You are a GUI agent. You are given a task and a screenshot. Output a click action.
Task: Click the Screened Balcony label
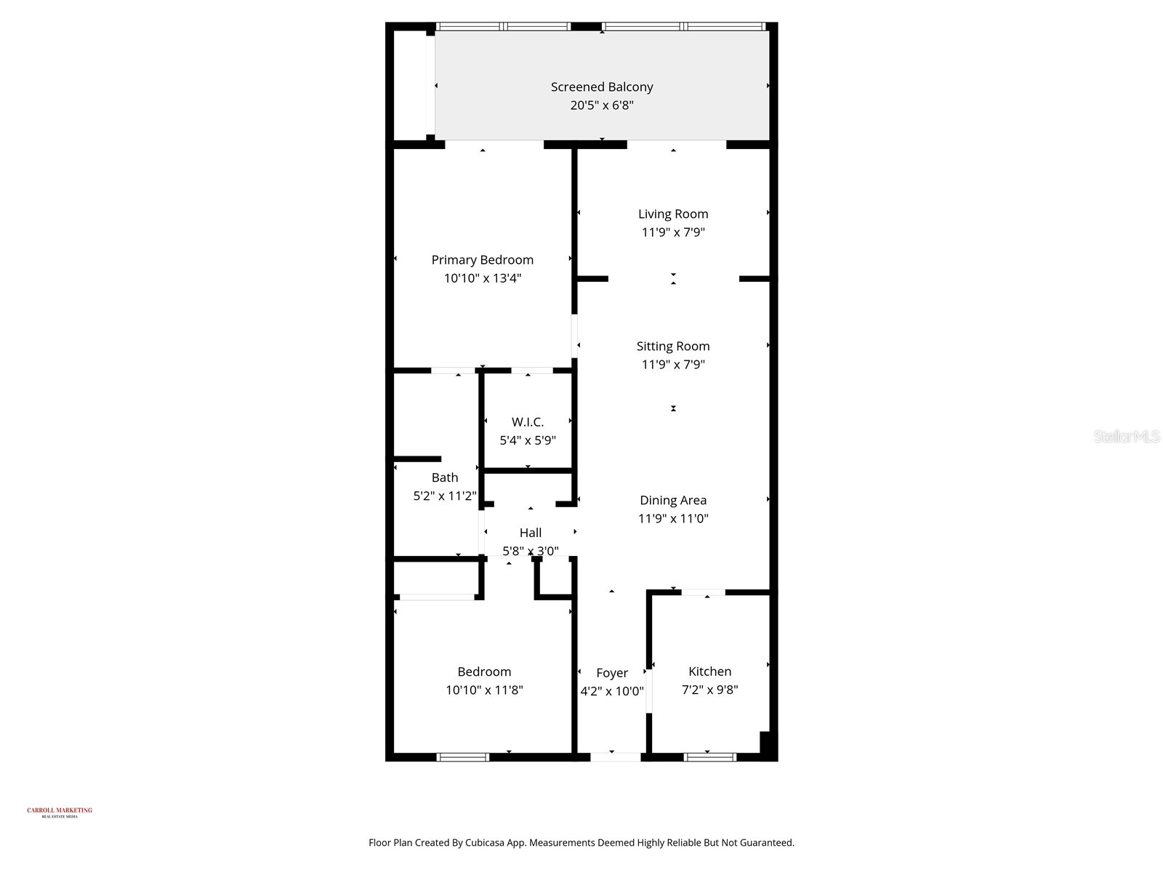[x=602, y=86]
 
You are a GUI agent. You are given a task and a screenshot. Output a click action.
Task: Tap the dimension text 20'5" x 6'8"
[x=602, y=105]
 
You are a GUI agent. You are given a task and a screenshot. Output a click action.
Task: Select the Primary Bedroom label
[x=483, y=259]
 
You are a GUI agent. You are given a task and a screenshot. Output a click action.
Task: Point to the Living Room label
[x=673, y=214]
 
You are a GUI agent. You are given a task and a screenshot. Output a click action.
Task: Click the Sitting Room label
[x=673, y=346]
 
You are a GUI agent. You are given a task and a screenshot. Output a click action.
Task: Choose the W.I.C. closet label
[x=528, y=421]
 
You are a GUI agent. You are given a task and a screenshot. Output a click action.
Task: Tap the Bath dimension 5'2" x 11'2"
[x=445, y=496]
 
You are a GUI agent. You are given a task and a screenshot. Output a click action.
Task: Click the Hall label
[x=531, y=533]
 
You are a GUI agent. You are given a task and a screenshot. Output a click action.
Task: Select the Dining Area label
[x=673, y=500]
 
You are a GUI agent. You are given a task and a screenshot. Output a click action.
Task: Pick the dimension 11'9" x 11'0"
[x=673, y=519]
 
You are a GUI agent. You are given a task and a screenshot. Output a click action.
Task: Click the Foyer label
[x=612, y=673]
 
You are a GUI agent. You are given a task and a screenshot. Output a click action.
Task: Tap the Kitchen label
[x=710, y=671]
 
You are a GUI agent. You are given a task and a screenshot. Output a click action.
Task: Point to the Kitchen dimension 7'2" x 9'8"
[x=710, y=690]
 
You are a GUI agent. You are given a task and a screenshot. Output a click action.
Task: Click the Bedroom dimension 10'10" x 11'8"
[x=485, y=690]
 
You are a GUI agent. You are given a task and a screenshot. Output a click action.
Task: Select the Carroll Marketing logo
[x=60, y=812]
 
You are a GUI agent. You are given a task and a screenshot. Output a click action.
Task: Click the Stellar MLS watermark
[x=1127, y=436]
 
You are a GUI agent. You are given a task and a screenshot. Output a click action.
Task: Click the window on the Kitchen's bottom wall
[x=710, y=757]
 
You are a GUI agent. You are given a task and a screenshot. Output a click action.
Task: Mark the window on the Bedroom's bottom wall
[x=463, y=757]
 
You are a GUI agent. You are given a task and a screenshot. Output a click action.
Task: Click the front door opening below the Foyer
[x=616, y=757]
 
